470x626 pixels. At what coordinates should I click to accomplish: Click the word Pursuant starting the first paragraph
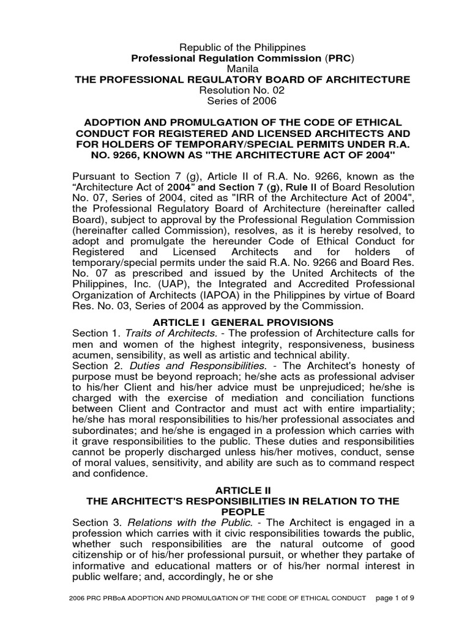click(95, 178)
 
